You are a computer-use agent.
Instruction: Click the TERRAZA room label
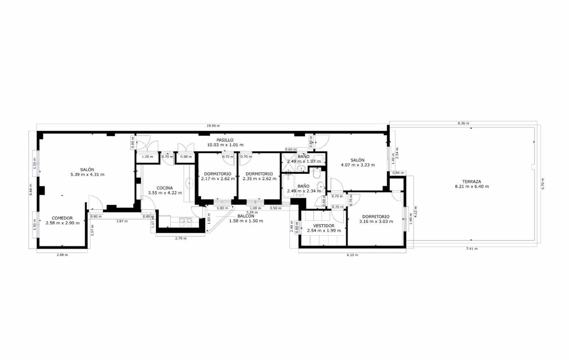472,181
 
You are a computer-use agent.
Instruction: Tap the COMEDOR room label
62,218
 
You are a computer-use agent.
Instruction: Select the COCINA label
165,188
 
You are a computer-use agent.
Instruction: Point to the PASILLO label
225,140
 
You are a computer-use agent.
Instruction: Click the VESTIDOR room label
324,226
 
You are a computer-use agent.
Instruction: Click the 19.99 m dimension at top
213,126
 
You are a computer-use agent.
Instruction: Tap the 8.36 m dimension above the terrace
463,123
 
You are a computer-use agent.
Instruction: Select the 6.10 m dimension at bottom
352,255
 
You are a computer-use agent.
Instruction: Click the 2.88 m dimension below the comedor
62,255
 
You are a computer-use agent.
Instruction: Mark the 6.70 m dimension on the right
543,184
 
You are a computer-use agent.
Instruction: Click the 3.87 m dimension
122,221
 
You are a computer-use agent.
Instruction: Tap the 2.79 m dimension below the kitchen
181,238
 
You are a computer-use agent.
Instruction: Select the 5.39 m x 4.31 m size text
87,175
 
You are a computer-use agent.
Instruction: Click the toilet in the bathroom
317,175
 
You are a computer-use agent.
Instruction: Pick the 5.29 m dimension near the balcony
252,212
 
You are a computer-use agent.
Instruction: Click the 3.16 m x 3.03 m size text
376,222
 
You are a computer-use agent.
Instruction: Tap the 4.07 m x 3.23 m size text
358,165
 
